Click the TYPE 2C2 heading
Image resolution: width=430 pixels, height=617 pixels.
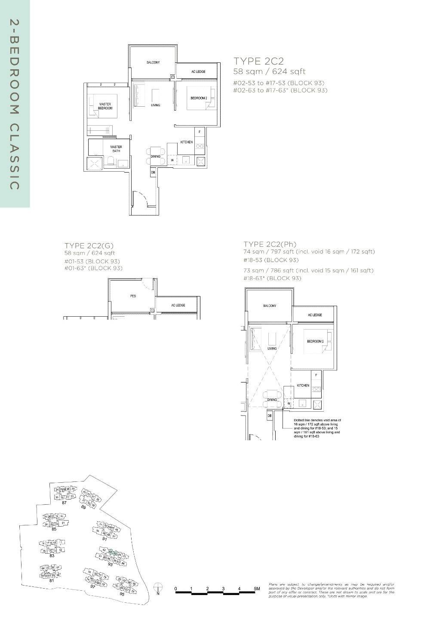258,61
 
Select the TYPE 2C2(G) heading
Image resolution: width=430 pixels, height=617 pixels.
89,246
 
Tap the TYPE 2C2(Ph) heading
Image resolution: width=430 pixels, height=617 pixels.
270,244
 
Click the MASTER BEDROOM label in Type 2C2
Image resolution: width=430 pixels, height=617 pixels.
105,106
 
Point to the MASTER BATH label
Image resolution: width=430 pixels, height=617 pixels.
116,149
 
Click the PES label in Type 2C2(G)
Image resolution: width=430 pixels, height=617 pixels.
133,296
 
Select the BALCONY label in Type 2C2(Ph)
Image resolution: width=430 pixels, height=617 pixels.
270,305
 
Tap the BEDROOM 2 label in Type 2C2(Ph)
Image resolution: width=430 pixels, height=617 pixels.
315,341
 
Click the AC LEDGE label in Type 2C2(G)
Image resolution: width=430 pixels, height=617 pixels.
178,305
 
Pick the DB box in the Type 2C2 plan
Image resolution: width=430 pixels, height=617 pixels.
153,173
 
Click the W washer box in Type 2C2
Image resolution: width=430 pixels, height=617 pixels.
172,160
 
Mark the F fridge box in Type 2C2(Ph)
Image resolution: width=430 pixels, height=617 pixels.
316,375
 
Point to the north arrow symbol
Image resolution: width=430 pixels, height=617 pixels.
158,587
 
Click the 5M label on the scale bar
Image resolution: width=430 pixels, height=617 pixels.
257,589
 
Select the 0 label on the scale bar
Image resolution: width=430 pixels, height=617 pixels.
175,589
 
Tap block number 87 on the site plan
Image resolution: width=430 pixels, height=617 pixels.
64,503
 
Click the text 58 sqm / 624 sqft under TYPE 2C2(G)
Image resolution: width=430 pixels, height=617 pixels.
90,253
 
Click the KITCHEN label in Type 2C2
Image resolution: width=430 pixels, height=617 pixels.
186,142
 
